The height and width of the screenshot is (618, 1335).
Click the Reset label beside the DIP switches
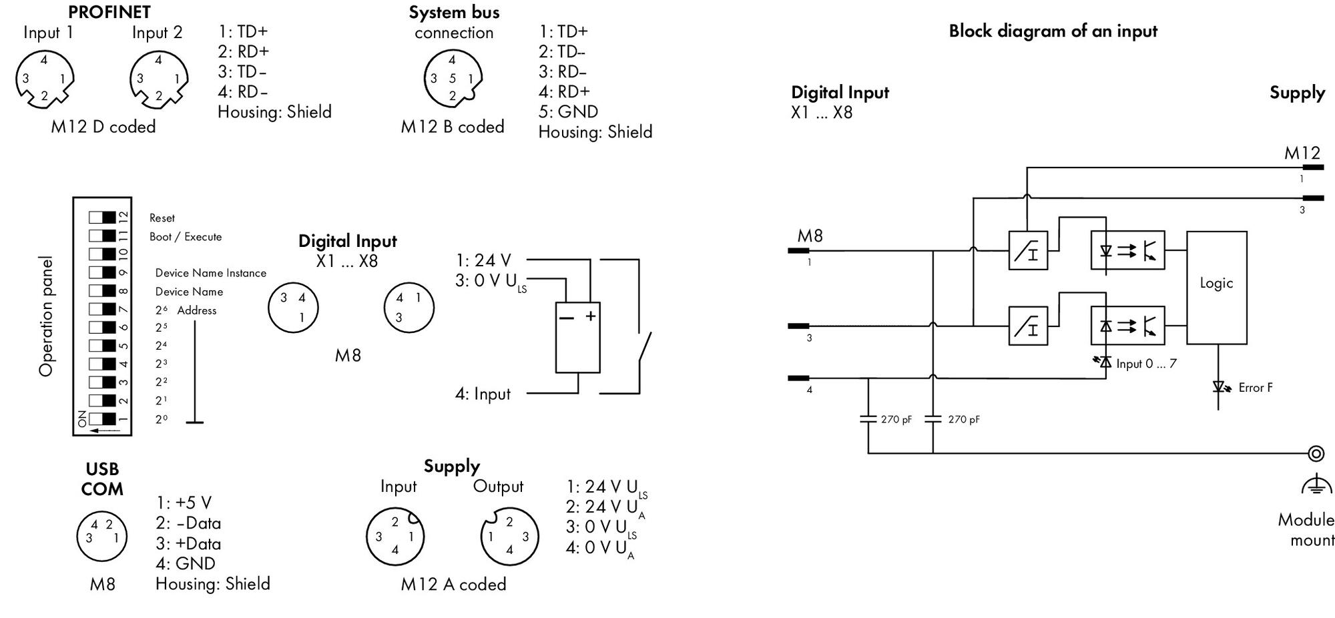click(162, 218)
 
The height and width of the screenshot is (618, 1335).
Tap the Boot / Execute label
click(186, 237)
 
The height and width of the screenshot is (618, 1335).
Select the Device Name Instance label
click(211, 273)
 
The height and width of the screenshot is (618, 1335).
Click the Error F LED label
click(1256, 388)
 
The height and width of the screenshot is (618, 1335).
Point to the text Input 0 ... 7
click(1146, 364)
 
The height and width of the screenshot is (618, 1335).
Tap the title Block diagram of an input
click(1053, 31)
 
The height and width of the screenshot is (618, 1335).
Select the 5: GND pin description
click(568, 111)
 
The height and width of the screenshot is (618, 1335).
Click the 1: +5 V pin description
click(184, 503)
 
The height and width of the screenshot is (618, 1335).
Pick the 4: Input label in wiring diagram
click(483, 394)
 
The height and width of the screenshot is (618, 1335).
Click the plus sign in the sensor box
click(590, 316)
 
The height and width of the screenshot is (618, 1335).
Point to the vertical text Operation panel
click(46, 316)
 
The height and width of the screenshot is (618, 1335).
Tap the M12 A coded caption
click(453, 584)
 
